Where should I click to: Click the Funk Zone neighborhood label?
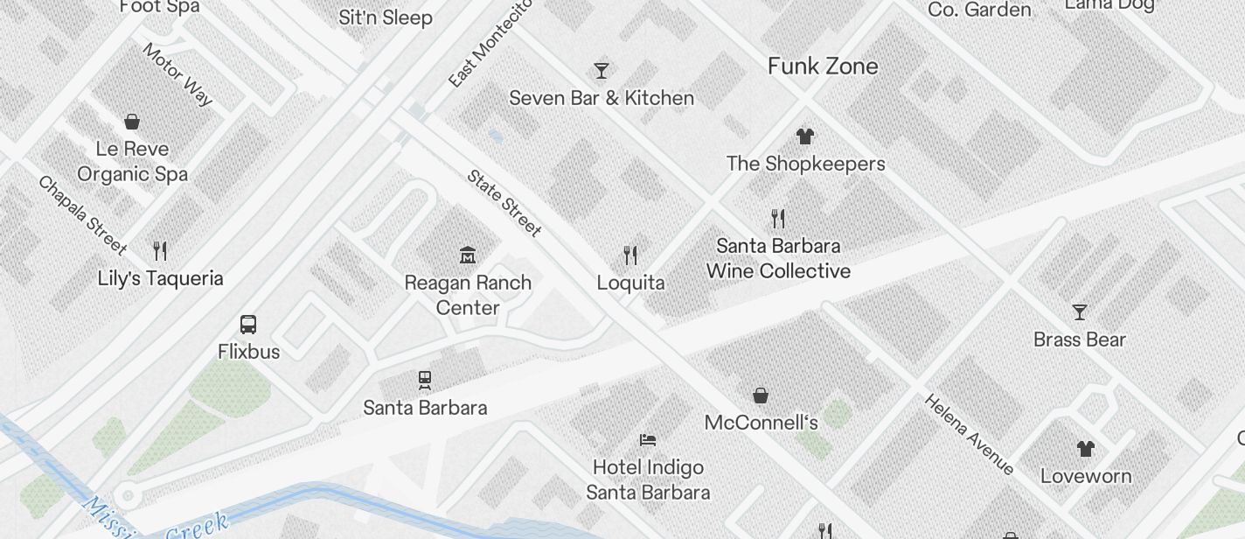click(823, 66)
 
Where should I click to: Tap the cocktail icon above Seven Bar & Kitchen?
click(602, 70)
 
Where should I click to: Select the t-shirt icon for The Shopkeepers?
click(805, 136)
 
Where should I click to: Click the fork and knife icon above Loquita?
click(630, 255)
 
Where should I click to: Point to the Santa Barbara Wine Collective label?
click(778, 258)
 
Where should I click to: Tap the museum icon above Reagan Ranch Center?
click(468, 255)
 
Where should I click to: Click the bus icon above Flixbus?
click(248, 325)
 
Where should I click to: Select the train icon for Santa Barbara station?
click(425, 380)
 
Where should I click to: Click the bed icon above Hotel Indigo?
click(648, 439)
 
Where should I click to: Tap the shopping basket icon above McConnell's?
click(761, 395)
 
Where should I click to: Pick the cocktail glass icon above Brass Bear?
click(1080, 312)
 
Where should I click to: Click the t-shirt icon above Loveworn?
click(1085, 449)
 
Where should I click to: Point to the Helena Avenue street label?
click(969, 435)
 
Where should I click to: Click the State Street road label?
click(504, 203)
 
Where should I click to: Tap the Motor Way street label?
click(177, 74)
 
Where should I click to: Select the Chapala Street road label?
click(82, 214)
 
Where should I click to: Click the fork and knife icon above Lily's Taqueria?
click(160, 251)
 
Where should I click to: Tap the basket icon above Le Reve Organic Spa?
click(132, 121)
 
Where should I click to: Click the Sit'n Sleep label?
click(386, 17)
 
